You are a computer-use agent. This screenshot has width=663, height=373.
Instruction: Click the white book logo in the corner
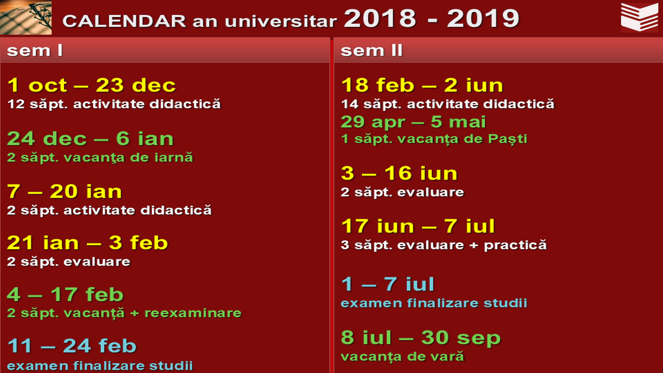tap(639, 17)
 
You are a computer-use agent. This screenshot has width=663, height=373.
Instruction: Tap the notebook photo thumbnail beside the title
tap(26, 17)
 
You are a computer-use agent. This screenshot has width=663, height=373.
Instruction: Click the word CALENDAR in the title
tap(124, 21)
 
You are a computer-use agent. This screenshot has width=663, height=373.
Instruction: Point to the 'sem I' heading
tap(35, 50)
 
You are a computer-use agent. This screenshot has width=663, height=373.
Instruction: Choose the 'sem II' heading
tap(372, 50)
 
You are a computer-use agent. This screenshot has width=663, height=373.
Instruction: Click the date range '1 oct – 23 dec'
tap(92, 85)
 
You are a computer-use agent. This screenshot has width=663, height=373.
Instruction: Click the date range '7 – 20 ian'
tap(65, 191)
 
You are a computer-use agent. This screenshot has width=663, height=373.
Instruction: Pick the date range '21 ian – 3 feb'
tap(87, 242)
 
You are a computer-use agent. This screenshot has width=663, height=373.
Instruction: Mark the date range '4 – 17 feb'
tap(65, 294)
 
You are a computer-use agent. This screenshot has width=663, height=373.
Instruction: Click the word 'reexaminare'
tap(193, 313)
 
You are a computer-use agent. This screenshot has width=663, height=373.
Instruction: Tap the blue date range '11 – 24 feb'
tap(72, 345)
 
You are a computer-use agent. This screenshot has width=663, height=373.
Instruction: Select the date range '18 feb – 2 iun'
tap(422, 85)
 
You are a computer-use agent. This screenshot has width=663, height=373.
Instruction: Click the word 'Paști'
tap(508, 139)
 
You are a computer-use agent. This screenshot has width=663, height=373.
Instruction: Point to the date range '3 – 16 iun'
tap(399, 173)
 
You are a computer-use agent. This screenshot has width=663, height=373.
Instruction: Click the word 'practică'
tap(515, 245)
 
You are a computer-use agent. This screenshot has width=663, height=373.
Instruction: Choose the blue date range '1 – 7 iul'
tap(387, 284)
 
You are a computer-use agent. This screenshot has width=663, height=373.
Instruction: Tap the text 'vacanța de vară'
tap(402, 356)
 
